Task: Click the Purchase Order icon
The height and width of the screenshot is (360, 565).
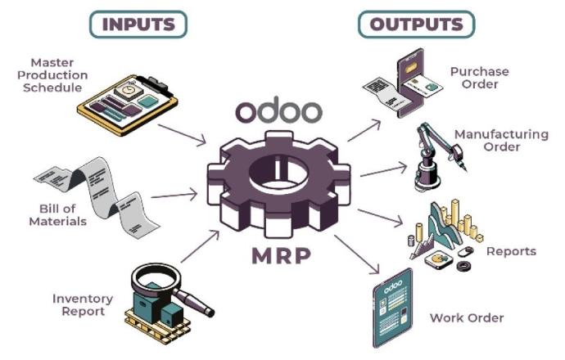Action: (402, 90)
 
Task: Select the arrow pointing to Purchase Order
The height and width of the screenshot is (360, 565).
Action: (364, 129)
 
